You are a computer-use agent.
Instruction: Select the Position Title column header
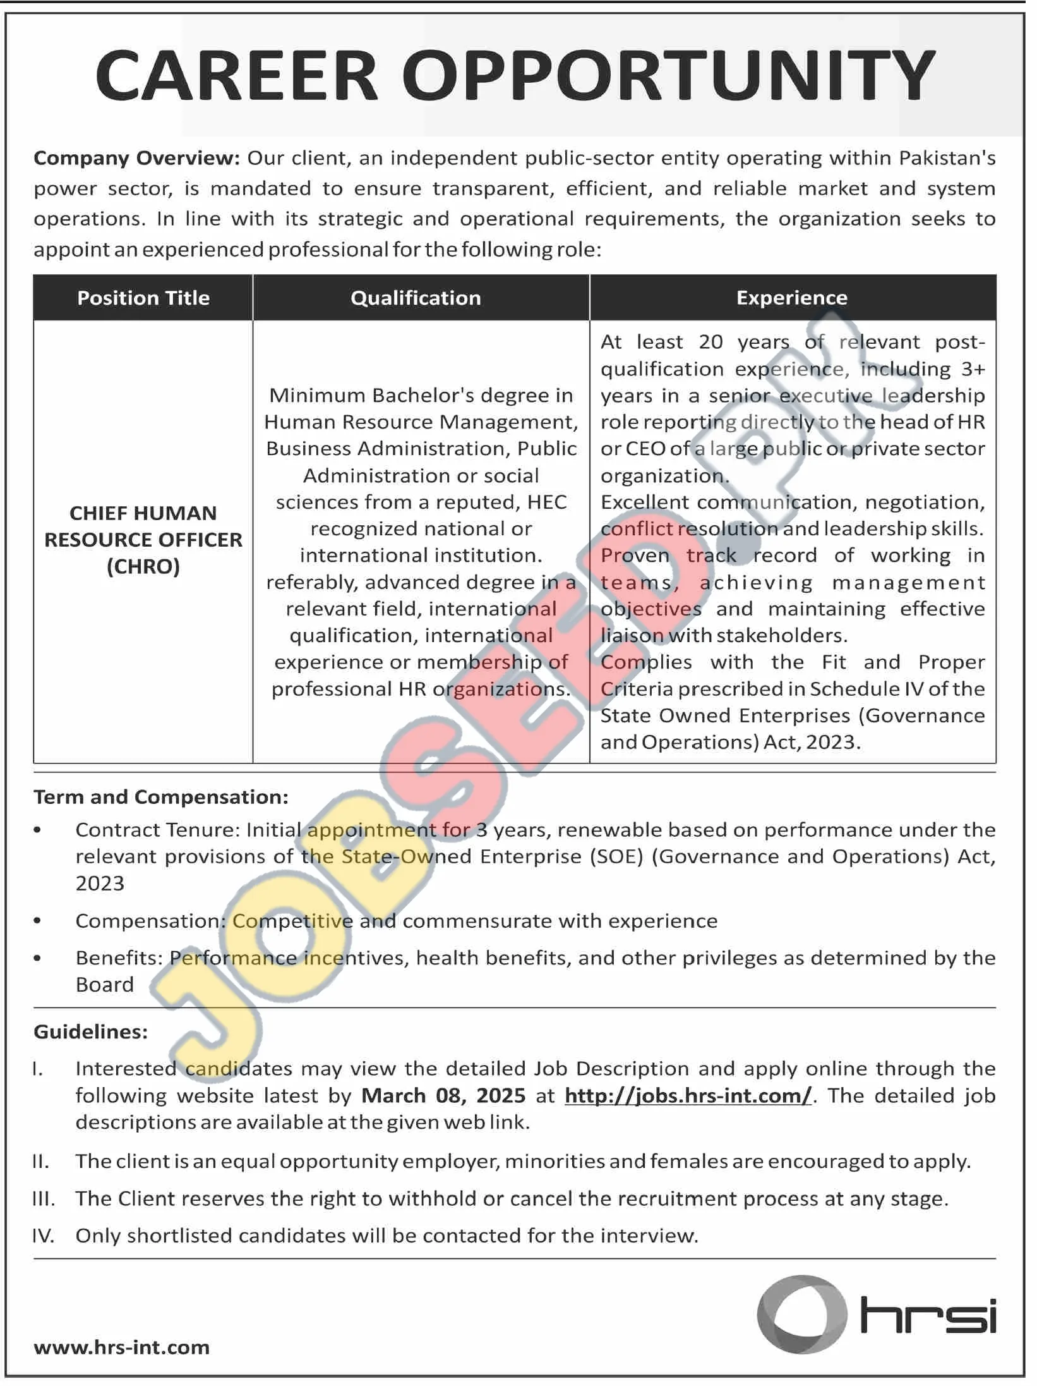143,298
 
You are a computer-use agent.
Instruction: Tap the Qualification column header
416,298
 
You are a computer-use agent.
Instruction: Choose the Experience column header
792,298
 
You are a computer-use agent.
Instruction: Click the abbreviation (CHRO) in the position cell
143,566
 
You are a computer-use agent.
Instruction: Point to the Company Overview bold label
136,158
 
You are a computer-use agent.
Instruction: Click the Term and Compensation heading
161,797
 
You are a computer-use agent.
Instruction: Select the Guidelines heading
90,1032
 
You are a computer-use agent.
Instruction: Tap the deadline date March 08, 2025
443,1095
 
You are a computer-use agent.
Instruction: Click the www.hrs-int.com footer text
121,1347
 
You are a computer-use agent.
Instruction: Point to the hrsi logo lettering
928,1316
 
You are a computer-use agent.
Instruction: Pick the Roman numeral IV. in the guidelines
44,1236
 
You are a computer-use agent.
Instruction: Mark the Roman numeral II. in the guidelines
40,1162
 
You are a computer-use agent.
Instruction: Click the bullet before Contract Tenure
38,830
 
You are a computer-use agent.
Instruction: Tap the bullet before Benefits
38,958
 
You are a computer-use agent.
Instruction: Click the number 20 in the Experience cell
710,342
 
